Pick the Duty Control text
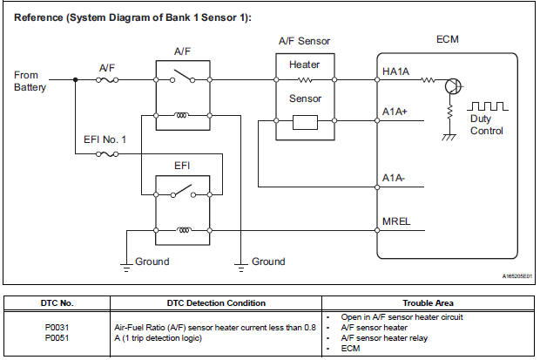[486, 125]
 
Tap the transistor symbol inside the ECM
[454, 85]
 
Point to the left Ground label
[152, 262]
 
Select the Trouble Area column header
[426, 303]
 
